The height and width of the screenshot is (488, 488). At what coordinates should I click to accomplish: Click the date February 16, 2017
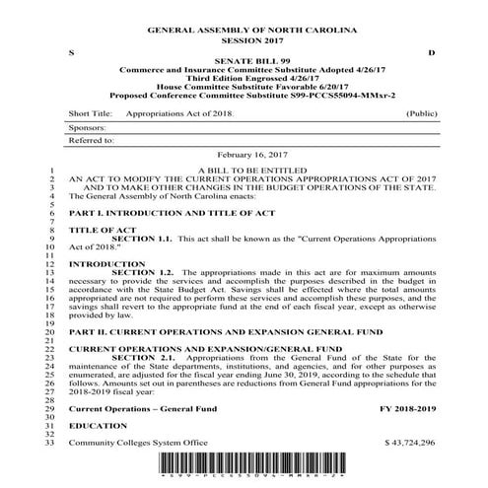click(250, 157)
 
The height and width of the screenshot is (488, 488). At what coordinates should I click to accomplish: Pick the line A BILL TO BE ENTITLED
click(250, 171)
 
